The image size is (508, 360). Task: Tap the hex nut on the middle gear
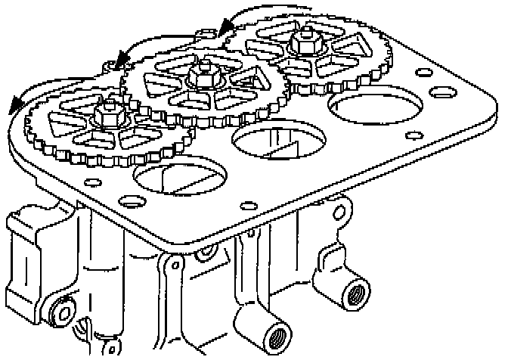point(203,75)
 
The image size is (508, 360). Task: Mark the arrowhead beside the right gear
point(225,28)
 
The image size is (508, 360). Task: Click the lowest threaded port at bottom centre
point(275,334)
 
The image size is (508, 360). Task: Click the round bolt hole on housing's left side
point(61,312)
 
